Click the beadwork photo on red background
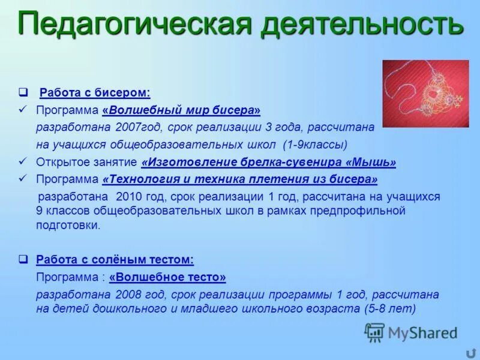(425, 94)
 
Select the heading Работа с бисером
(95, 93)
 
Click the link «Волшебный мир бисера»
(182, 110)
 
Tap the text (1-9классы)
(315, 145)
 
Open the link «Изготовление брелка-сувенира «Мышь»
(268, 162)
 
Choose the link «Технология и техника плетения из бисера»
(240, 179)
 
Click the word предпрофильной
(355, 211)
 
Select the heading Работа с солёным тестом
(115, 260)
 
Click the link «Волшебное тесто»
(167, 277)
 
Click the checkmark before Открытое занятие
(23, 162)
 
